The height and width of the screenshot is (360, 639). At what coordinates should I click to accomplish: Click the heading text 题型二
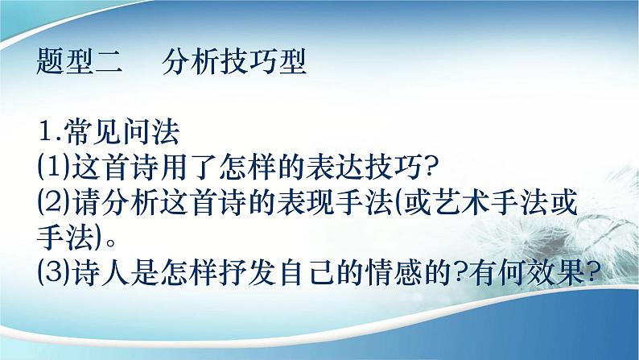point(80,62)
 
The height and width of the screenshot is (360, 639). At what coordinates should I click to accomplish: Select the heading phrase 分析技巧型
point(234,62)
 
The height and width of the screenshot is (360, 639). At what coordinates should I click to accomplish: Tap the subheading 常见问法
point(122,131)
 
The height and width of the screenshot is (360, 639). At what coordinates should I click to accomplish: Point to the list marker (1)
point(53,168)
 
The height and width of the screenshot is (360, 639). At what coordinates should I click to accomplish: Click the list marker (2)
point(53,203)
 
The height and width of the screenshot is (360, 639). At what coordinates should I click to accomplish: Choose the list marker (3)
point(53,272)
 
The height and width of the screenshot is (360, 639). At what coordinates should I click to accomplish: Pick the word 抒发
point(245,272)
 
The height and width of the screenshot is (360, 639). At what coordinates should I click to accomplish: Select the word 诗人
point(100,272)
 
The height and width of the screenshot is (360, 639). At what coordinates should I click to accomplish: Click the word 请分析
point(114,203)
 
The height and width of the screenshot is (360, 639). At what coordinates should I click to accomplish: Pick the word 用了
point(188,168)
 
